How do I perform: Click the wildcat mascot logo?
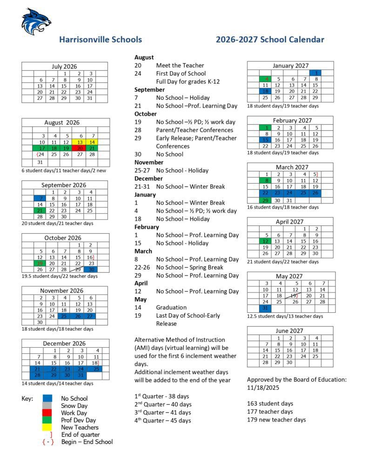[36, 21]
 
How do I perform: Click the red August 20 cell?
[80, 148]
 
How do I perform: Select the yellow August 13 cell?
[80, 142]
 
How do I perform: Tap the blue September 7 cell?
[40, 198]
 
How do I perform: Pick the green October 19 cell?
[40, 263]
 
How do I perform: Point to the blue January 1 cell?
[315, 73]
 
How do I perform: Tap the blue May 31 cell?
[266, 308]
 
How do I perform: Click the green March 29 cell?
[265, 200]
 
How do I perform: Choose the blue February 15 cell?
[265, 139]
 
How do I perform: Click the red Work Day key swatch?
[47, 413]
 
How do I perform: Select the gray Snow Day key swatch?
[47, 406]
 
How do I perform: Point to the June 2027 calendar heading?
[290, 330]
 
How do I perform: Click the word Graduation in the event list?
[171, 307]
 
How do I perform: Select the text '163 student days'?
[270, 403]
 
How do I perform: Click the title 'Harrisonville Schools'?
[100, 40]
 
